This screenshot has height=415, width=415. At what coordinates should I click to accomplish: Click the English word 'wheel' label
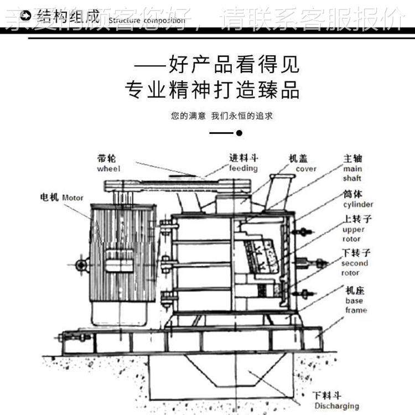(x=108, y=169)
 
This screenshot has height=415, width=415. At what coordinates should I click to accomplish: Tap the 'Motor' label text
(x=72, y=198)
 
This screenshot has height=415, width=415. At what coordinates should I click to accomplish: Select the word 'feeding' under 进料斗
(x=243, y=168)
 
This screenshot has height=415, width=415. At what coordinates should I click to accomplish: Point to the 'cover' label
(x=306, y=168)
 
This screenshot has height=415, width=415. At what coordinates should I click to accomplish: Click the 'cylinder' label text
(x=358, y=204)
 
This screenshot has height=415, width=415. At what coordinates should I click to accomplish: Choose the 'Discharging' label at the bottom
(x=336, y=406)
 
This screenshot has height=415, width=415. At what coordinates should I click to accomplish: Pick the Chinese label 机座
(x=354, y=290)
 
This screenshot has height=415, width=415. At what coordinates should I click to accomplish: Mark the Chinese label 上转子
(x=357, y=219)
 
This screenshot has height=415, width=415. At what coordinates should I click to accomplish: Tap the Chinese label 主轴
(x=352, y=158)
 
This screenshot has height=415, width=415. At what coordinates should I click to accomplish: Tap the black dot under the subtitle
(x=239, y=133)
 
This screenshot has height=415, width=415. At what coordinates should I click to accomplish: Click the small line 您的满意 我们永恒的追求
(x=222, y=116)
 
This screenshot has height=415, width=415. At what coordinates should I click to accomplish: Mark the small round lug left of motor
(x=82, y=265)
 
